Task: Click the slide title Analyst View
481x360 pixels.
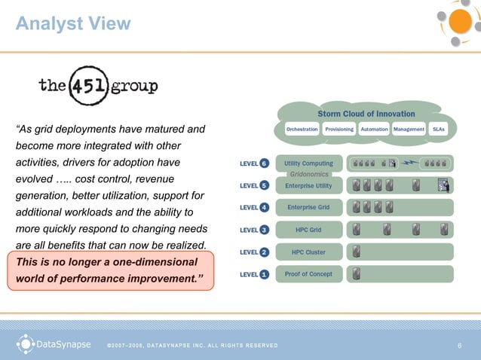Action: click(73, 24)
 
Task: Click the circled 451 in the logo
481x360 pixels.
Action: click(89, 85)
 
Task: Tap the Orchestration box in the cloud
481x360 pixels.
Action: click(302, 130)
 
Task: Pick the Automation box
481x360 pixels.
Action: click(374, 130)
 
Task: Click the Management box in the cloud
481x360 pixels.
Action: click(409, 130)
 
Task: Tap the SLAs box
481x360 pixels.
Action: click(438, 130)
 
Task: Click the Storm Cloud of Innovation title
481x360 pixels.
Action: click(366, 114)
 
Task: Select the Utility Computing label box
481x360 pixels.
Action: click(308, 163)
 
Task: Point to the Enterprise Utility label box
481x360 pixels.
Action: click(308, 185)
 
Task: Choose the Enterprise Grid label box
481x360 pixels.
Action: click(308, 207)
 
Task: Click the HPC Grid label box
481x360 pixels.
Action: click(308, 230)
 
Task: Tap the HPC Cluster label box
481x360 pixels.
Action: click(308, 252)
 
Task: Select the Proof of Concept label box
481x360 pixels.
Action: click(308, 274)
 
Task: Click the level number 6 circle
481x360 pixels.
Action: click(264, 163)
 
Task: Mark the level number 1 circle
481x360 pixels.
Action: click(264, 275)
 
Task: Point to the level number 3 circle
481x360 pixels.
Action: click(264, 230)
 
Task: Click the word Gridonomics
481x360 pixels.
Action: click(309, 174)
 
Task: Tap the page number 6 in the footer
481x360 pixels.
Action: click(459, 346)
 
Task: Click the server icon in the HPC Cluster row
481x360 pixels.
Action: click(356, 252)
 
